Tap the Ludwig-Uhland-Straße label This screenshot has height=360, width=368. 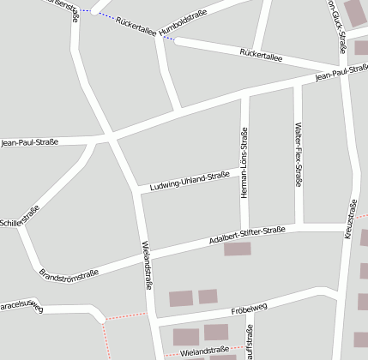[190, 182]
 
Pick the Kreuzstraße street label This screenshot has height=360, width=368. [351, 219]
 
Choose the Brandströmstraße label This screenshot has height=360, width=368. [69, 278]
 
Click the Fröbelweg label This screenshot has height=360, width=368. [250, 309]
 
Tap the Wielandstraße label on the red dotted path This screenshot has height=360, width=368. [204, 351]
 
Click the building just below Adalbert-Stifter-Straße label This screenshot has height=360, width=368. [238, 249]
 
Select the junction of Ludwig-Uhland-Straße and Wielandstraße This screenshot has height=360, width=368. [137, 191]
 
